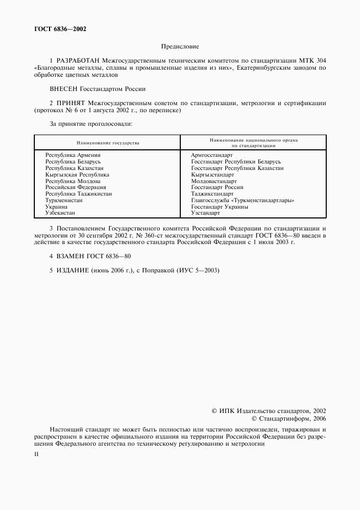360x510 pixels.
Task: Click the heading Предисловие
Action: pyautogui.click(x=180, y=47)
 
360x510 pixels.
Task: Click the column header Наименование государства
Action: pyautogui.click(x=108, y=143)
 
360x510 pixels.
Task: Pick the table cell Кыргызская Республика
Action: pyautogui.click(x=77, y=175)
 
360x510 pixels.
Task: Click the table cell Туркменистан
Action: pyautogui.click(x=64, y=201)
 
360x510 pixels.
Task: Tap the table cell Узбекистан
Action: pyautogui.click(x=60, y=214)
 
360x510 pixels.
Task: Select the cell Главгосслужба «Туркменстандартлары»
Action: pyautogui.click(x=242, y=201)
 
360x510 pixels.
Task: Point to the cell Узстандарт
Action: pyautogui.click(x=205, y=214)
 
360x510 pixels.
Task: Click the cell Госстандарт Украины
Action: pyautogui.click(x=219, y=207)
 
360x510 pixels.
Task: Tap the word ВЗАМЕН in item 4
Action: pyautogui.click(x=70, y=256)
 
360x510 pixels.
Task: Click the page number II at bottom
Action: pyautogui.click(x=36, y=454)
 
